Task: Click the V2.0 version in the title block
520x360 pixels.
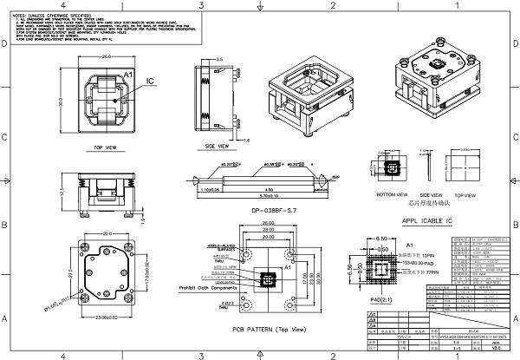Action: click(496, 347)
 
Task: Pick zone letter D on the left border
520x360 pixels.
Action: click(5, 136)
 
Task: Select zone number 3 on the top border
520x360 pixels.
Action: click(200, 4)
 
